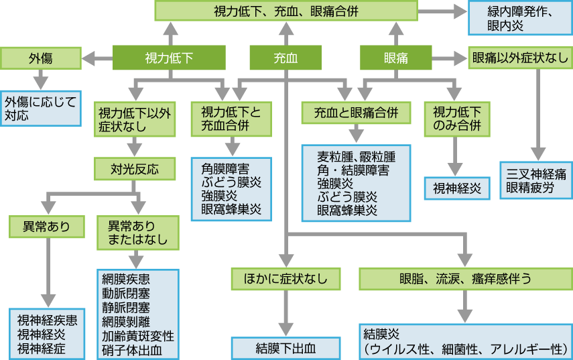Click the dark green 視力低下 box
[x=169, y=58]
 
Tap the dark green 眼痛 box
[x=395, y=58]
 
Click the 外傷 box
[x=40, y=58]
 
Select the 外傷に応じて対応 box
[x=40, y=107]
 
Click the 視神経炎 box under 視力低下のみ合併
[x=457, y=188]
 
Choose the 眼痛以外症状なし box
[x=520, y=58]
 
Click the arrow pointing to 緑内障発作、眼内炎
[x=443, y=11]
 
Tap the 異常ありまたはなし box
[x=137, y=231]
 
